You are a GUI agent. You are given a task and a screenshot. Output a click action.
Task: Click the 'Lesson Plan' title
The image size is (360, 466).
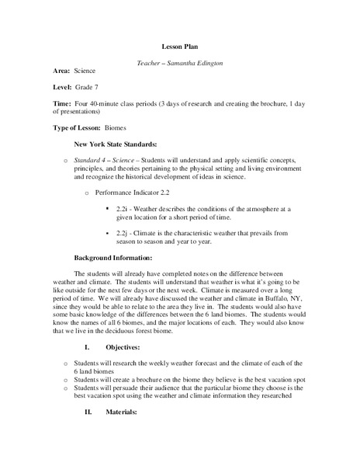coord(180,46)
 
